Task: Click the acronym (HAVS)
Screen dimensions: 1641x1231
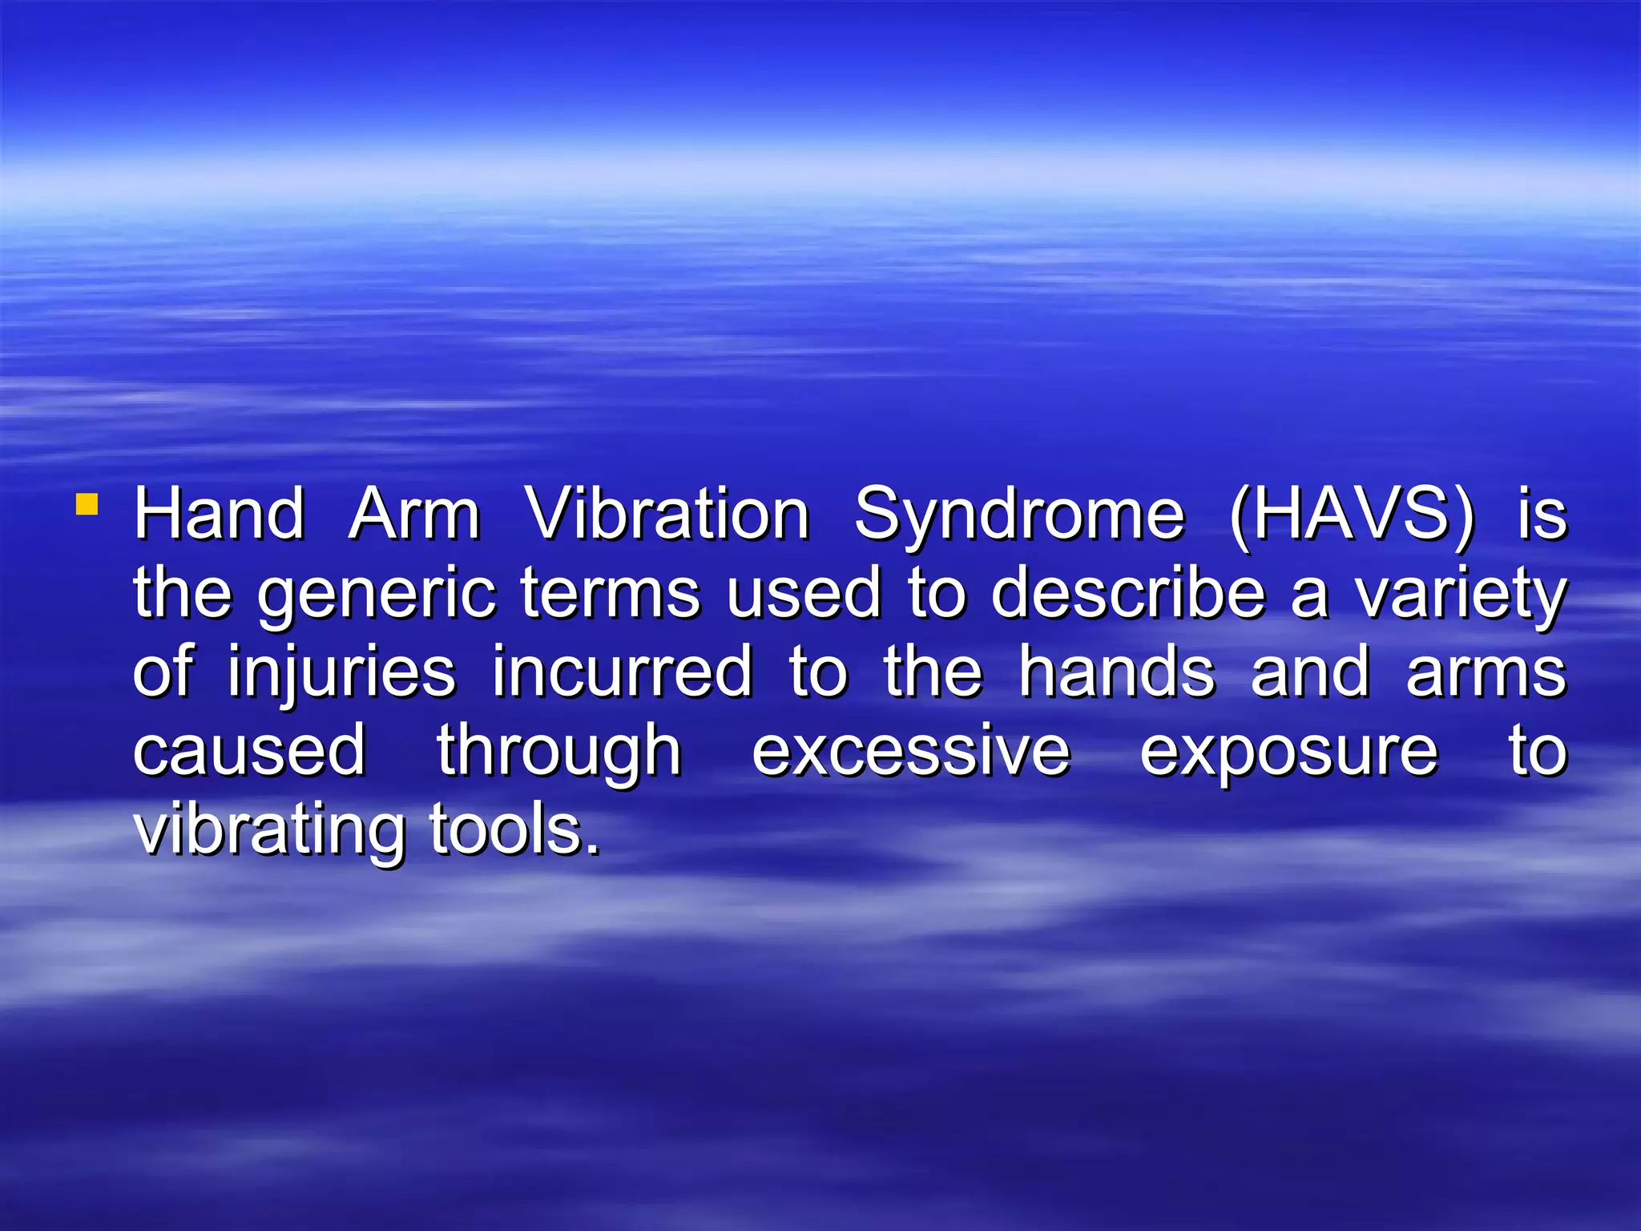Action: pyautogui.click(x=1351, y=515)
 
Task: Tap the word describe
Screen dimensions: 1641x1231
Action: pyautogui.click(x=1128, y=593)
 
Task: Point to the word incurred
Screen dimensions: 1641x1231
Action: pyautogui.click(x=622, y=672)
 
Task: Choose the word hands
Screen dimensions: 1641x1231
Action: pyautogui.click(x=1116, y=672)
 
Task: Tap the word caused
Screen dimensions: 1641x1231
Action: pyautogui.click(x=249, y=751)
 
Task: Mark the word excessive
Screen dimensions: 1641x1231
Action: pyautogui.click(x=911, y=751)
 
